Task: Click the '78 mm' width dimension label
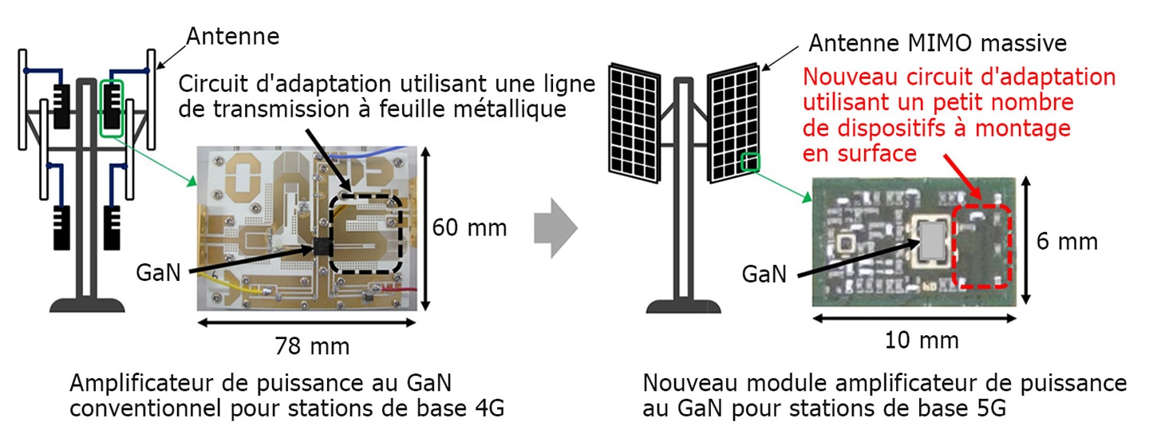click(x=312, y=345)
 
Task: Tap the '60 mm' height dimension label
click(x=469, y=228)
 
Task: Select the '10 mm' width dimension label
click(x=922, y=340)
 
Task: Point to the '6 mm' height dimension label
click(x=1067, y=241)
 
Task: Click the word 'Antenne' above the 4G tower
click(x=233, y=37)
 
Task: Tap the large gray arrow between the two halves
click(x=556, y=228)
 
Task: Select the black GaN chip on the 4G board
click(x=322, y=247)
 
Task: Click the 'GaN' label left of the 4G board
click(x=159, y=273)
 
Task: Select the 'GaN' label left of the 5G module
click(x=764, y=275)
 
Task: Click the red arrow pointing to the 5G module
click(x=962, y=177)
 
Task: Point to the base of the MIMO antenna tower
click(x=684, y=306)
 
